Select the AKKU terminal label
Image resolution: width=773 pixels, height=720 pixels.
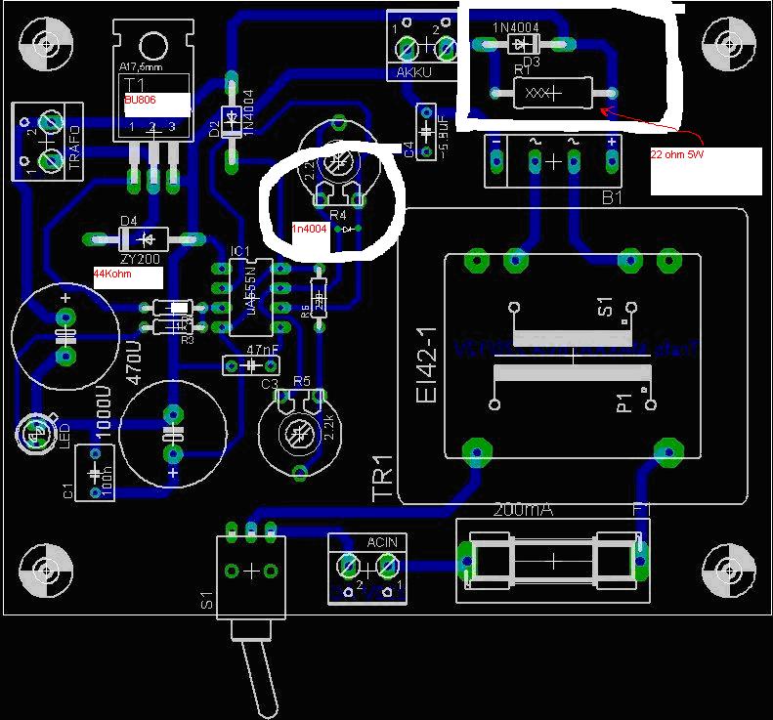point(414,72)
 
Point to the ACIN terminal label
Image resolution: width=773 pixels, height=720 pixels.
point(382,541)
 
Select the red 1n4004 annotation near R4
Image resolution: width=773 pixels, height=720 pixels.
point(310,229)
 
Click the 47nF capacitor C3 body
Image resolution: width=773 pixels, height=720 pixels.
point(250,365)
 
